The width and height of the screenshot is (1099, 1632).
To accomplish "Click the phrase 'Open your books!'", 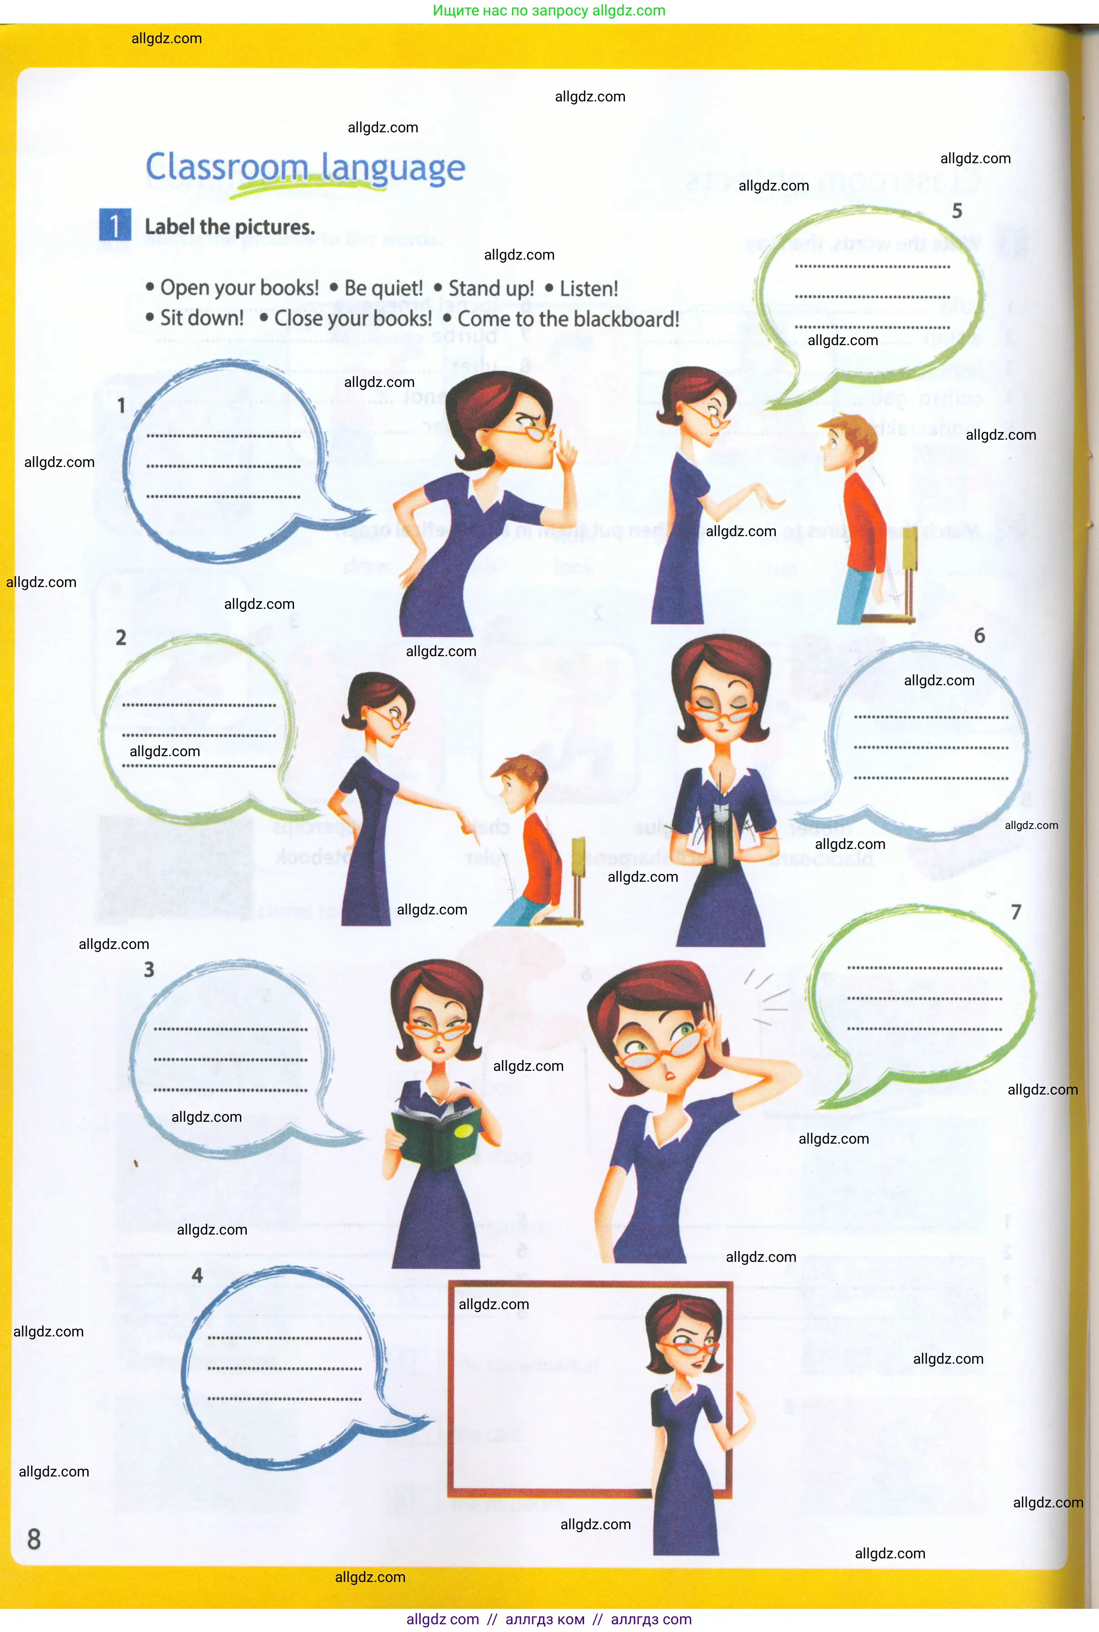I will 239,288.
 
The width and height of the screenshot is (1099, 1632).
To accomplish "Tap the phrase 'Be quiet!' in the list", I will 384,288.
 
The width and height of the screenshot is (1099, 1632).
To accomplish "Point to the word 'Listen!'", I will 588,289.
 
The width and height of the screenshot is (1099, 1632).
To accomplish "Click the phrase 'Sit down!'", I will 202,318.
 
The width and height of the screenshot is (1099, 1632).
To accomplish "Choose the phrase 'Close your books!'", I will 353,319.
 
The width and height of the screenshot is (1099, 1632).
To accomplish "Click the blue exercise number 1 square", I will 115,225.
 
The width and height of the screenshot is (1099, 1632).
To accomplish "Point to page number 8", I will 34,1540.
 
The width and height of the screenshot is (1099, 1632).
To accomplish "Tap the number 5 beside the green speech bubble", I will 957,211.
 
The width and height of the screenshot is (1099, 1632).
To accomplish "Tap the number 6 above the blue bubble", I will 979,636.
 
